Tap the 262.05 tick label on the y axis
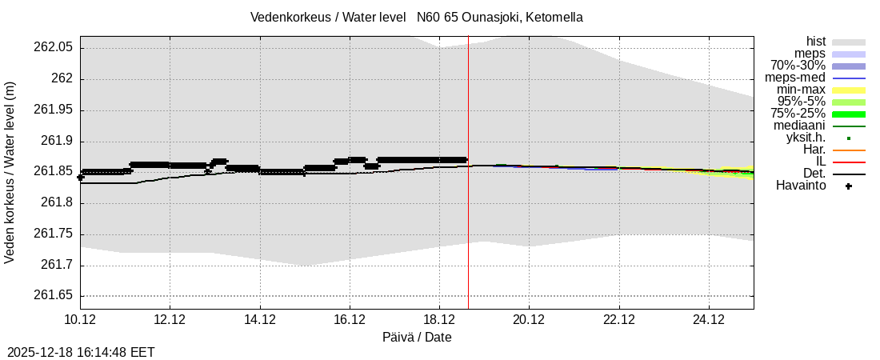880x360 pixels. tap(54, 48)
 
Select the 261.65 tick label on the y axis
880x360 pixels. tap(54, 296)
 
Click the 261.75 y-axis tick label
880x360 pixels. tap(54, 234)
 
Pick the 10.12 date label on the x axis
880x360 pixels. tap(80, 320)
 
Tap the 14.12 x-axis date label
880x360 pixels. tap(260, 320)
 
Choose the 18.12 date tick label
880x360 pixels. tap(439, 320)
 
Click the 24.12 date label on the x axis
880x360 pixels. tap(709, 320)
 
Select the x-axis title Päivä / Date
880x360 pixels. tap(417, 338)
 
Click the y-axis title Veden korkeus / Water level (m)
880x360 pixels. tap(10, 172)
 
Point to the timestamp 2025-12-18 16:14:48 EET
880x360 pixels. tap(81, 352)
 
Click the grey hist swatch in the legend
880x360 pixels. tap(848, 42)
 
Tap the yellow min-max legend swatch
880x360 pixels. tap(848, 90)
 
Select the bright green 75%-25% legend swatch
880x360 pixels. tap(848, 114)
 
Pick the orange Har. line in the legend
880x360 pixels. tap(848, 150)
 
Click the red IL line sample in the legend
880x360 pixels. tap(848, 162)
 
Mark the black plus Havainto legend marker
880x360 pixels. tap(848, 186)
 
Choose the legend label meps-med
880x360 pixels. tap(795, 78)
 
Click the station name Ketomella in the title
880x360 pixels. tap(553, 17)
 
